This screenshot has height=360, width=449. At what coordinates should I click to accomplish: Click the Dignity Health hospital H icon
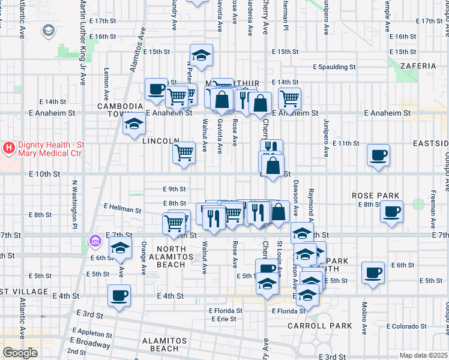9,147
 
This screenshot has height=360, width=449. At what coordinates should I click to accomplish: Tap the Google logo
20,353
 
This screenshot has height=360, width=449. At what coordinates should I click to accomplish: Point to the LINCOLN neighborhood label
160,141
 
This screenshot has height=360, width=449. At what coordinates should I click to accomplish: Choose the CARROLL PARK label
328,326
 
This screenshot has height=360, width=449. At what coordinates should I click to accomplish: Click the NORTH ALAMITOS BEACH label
175,253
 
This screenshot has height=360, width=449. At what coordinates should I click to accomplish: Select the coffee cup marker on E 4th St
119,295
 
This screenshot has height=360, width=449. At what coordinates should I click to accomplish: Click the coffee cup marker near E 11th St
378,155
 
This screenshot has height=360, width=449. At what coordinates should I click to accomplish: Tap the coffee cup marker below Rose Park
392,212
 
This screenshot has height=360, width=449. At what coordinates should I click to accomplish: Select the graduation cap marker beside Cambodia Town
133,124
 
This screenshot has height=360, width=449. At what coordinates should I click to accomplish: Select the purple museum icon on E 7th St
94,242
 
